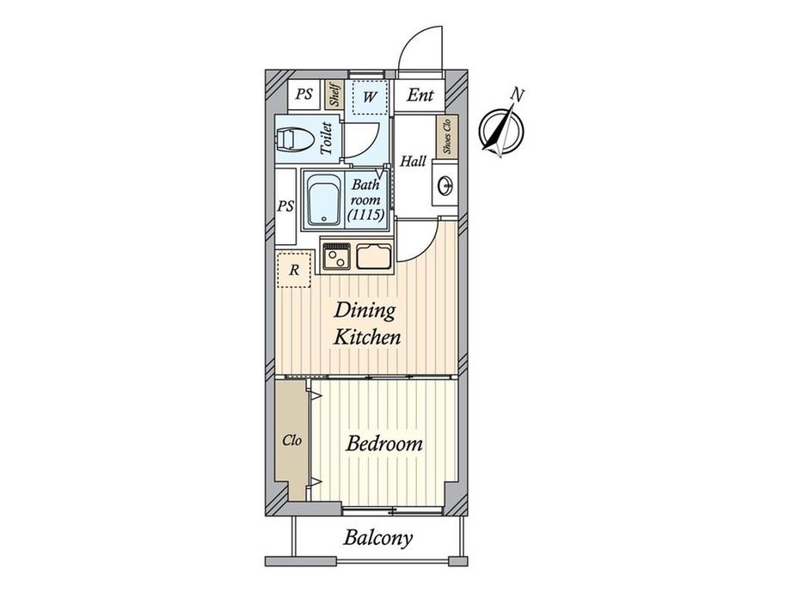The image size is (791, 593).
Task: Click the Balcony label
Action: (378, 539)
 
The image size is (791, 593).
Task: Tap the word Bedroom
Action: (384, 444)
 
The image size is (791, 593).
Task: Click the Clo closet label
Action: (292, 441)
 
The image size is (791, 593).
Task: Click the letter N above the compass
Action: (517, 94)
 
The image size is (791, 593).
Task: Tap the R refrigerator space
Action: (294, 270)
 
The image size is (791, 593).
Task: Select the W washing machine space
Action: (368, 96)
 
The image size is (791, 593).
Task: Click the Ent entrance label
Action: (420, 95)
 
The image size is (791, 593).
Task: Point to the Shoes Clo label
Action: (446, 136)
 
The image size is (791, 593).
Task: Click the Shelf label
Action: (335, 95)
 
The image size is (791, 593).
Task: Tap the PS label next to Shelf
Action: (304, 95)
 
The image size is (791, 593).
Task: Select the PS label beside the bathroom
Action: (285, 206)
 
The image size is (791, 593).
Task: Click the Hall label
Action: (413, 161)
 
